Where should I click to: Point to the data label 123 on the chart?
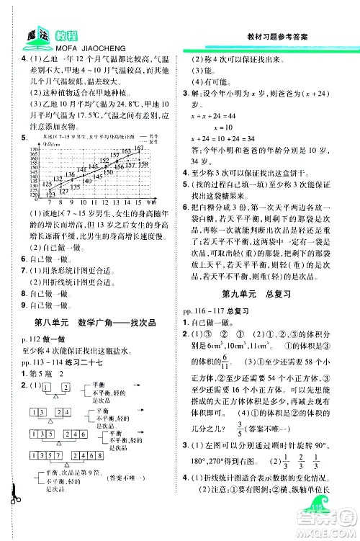[50, 184]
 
